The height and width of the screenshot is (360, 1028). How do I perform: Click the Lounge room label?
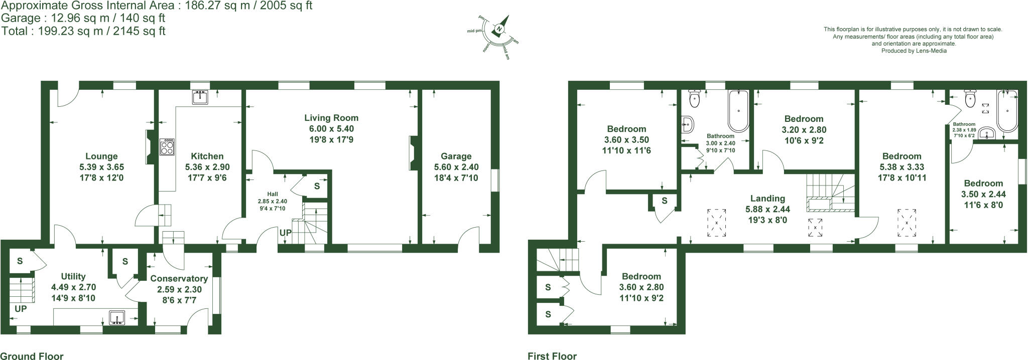click(x=101, y=156)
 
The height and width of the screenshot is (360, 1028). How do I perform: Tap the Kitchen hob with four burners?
click(x=167, y=146)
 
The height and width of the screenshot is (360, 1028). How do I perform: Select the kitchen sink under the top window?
click(x=200, y=97)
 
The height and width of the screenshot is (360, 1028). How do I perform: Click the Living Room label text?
click(x=331, y=118)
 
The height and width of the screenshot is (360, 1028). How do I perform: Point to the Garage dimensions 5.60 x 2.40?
click(x=456, y=167)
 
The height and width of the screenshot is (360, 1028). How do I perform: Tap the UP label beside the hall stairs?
click(x=285, y=233)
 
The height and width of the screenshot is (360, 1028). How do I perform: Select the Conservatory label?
click(x=176, y=278)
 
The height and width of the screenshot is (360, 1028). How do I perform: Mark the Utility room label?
click(x=73, y=276)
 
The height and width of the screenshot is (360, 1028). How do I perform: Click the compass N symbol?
click(x=499, y=30)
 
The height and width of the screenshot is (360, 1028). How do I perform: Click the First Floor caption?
click(x=552, y=356)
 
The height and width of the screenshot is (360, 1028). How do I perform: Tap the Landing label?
click(x=767, y=199)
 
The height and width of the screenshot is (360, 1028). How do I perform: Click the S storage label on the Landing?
click(x=664, y=201)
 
